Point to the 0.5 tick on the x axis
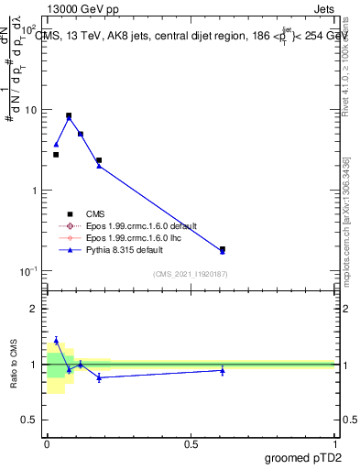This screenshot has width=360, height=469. pyautogui.click(x=191, y=443)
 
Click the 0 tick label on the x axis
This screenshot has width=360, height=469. pyautogui.click(x=47, y=443)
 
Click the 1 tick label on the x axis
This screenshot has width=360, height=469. pyautogui.click(x=335, y=443)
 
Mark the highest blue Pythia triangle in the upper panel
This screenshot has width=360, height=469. pyautogui.click(x=69, y=118)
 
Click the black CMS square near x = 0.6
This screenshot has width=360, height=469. pyautogui.click(x=223, y=248)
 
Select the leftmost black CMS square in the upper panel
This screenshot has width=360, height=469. pyautogui.click(x=56, y=155)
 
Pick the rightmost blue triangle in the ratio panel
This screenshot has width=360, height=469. pyautogui.click(x=223, y=370)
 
